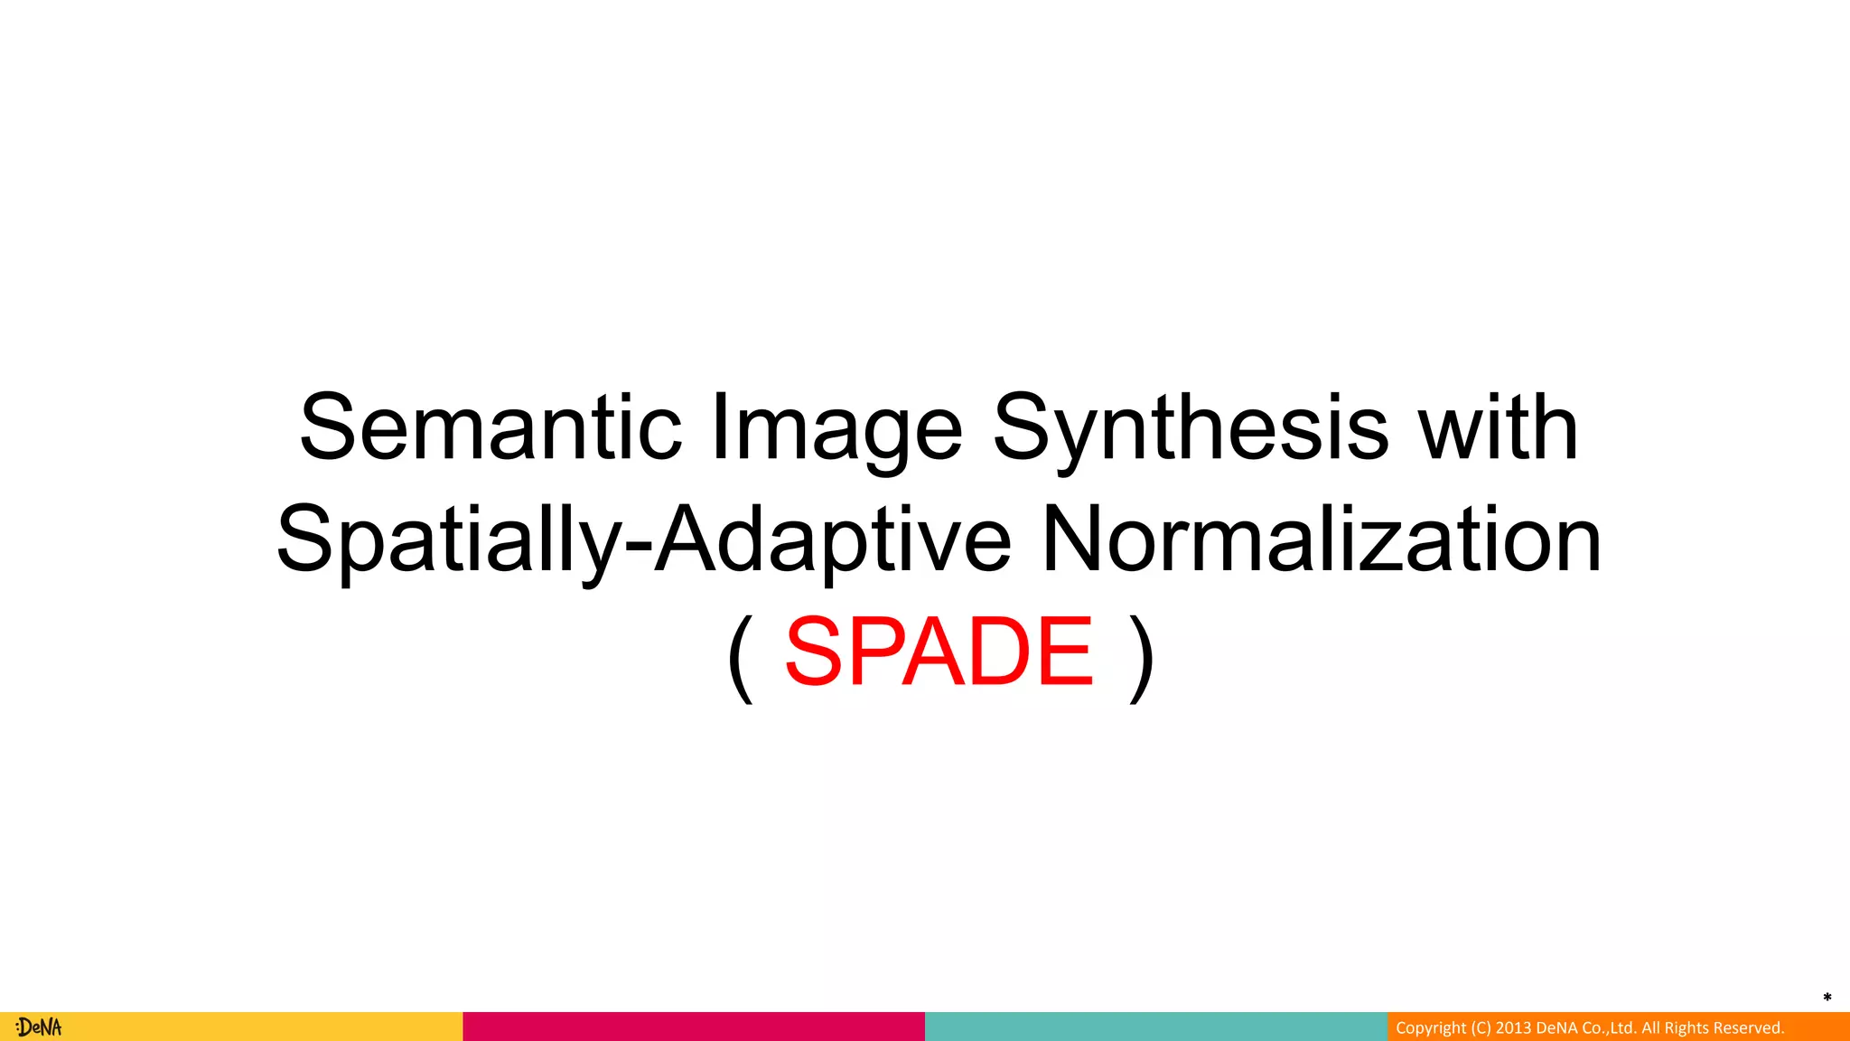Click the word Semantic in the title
pyautogui.click(x=491, y=427)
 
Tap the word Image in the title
pyautogui.click(x=836, y=430)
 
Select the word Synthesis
pyautogui.click(x=1190, y=430)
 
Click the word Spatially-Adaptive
pyautogui.click(x=643, y=540)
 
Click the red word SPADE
pyautogui.click(x=939, y=651)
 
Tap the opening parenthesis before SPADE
pyautogui.click(x=740, y=657)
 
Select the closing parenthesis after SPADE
pyautogui.click(x=1142, y=657)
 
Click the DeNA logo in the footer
pyautogui.click(x=39, y=1027)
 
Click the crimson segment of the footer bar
pyautogui.click(x=694, y=1027)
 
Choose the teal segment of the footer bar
pyautogui.click(x=1156, y=1027)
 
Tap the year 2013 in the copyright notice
pyautogui.click(x=1514, y=1028)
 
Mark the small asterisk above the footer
pyautogui.click(x=1827, y=998)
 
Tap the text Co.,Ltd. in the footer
pyautogui.click(x=1609, y=1028)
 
